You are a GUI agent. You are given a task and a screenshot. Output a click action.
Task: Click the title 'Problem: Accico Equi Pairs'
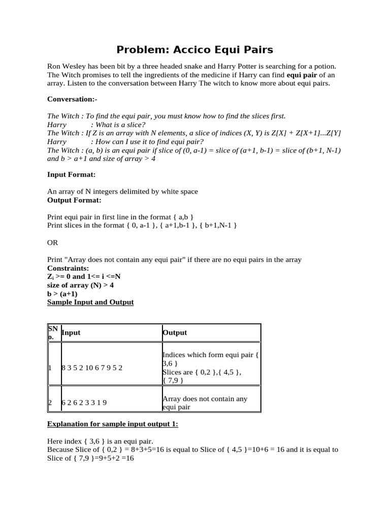click(195, 50)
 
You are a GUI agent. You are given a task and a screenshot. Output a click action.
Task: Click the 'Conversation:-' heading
click(72, 99)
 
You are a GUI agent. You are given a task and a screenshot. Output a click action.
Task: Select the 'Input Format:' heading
click(71, 174)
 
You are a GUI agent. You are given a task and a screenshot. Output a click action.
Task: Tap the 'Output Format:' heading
click(74, 200)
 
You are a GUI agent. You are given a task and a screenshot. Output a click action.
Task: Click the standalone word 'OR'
click(53, 242)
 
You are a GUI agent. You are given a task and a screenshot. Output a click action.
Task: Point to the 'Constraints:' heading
click(68, 268)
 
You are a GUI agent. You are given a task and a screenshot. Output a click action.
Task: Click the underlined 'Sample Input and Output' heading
click(90, 302)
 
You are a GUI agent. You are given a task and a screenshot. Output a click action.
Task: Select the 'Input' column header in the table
click(71, 333)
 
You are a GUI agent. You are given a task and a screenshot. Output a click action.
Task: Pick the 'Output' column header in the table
click(175, 333)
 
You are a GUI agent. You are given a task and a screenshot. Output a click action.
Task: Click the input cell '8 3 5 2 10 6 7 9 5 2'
click(92, 367)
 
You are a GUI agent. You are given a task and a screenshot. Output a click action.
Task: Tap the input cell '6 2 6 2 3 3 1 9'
click(84, 403)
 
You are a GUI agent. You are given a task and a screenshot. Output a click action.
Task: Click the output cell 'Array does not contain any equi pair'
click(205, 403)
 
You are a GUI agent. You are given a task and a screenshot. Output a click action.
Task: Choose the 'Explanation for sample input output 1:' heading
click(112, 424)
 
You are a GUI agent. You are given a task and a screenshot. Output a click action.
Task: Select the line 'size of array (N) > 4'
click(79, 285)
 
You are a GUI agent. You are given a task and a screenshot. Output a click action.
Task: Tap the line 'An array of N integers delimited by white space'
click(122, 191)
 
